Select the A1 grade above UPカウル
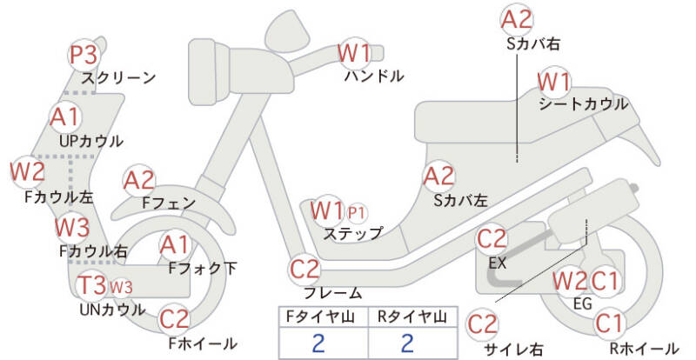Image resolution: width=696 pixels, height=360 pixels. (64, 117)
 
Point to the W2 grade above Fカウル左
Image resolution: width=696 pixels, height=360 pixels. (27, 171)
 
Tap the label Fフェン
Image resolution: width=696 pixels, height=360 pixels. (169, 203)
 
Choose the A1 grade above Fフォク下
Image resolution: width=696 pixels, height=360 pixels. (175, 246)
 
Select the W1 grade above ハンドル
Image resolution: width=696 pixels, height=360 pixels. (355, 54)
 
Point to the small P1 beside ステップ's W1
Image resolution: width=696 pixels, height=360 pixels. (358, 211)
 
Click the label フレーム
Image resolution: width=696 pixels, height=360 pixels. (332, 293)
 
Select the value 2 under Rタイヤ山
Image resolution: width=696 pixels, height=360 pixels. (407, 342)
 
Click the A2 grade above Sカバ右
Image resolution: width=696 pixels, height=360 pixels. (518, 18)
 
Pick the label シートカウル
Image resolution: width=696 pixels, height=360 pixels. (583, 103)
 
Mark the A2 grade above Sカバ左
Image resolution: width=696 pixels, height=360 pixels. (438, 177)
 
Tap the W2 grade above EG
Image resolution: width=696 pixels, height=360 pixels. (570, 281)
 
